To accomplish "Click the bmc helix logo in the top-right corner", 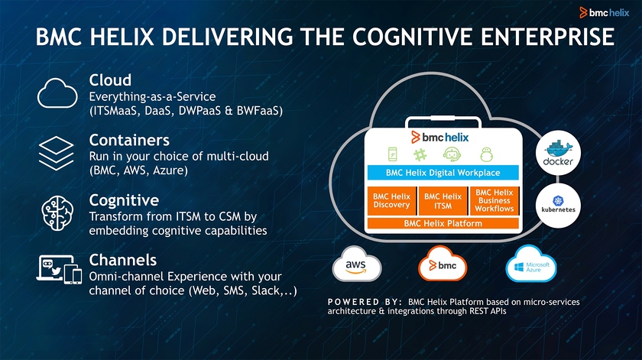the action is [x=605, y=13].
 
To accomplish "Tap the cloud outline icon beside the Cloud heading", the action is [x=57, y=93].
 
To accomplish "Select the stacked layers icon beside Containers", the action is [x=56, y=153].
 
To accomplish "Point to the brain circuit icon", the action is [x=57, y=213].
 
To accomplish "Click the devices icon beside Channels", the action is [x=59, y=270].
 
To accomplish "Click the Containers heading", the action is [x=129, y=140].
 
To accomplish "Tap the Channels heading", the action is [x=123, y=260].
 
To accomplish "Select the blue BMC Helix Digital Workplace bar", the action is [x=443, y=173].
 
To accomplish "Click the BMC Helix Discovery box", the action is [x=391, y=201].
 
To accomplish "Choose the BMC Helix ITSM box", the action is [x=443, y=201].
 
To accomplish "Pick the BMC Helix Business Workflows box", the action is [x=494, y=201].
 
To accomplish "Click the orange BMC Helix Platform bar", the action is [x=443, y=223].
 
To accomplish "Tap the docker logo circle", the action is [x=558, y=153].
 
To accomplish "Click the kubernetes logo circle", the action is [x=558, y=206].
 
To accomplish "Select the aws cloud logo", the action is [x=357, y=264].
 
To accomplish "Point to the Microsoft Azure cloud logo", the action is [x=531, y=264].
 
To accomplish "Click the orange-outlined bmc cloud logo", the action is [x=443, y=264].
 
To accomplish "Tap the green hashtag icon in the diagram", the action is [x=420, y=155].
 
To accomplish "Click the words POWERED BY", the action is [x=365, y=302].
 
